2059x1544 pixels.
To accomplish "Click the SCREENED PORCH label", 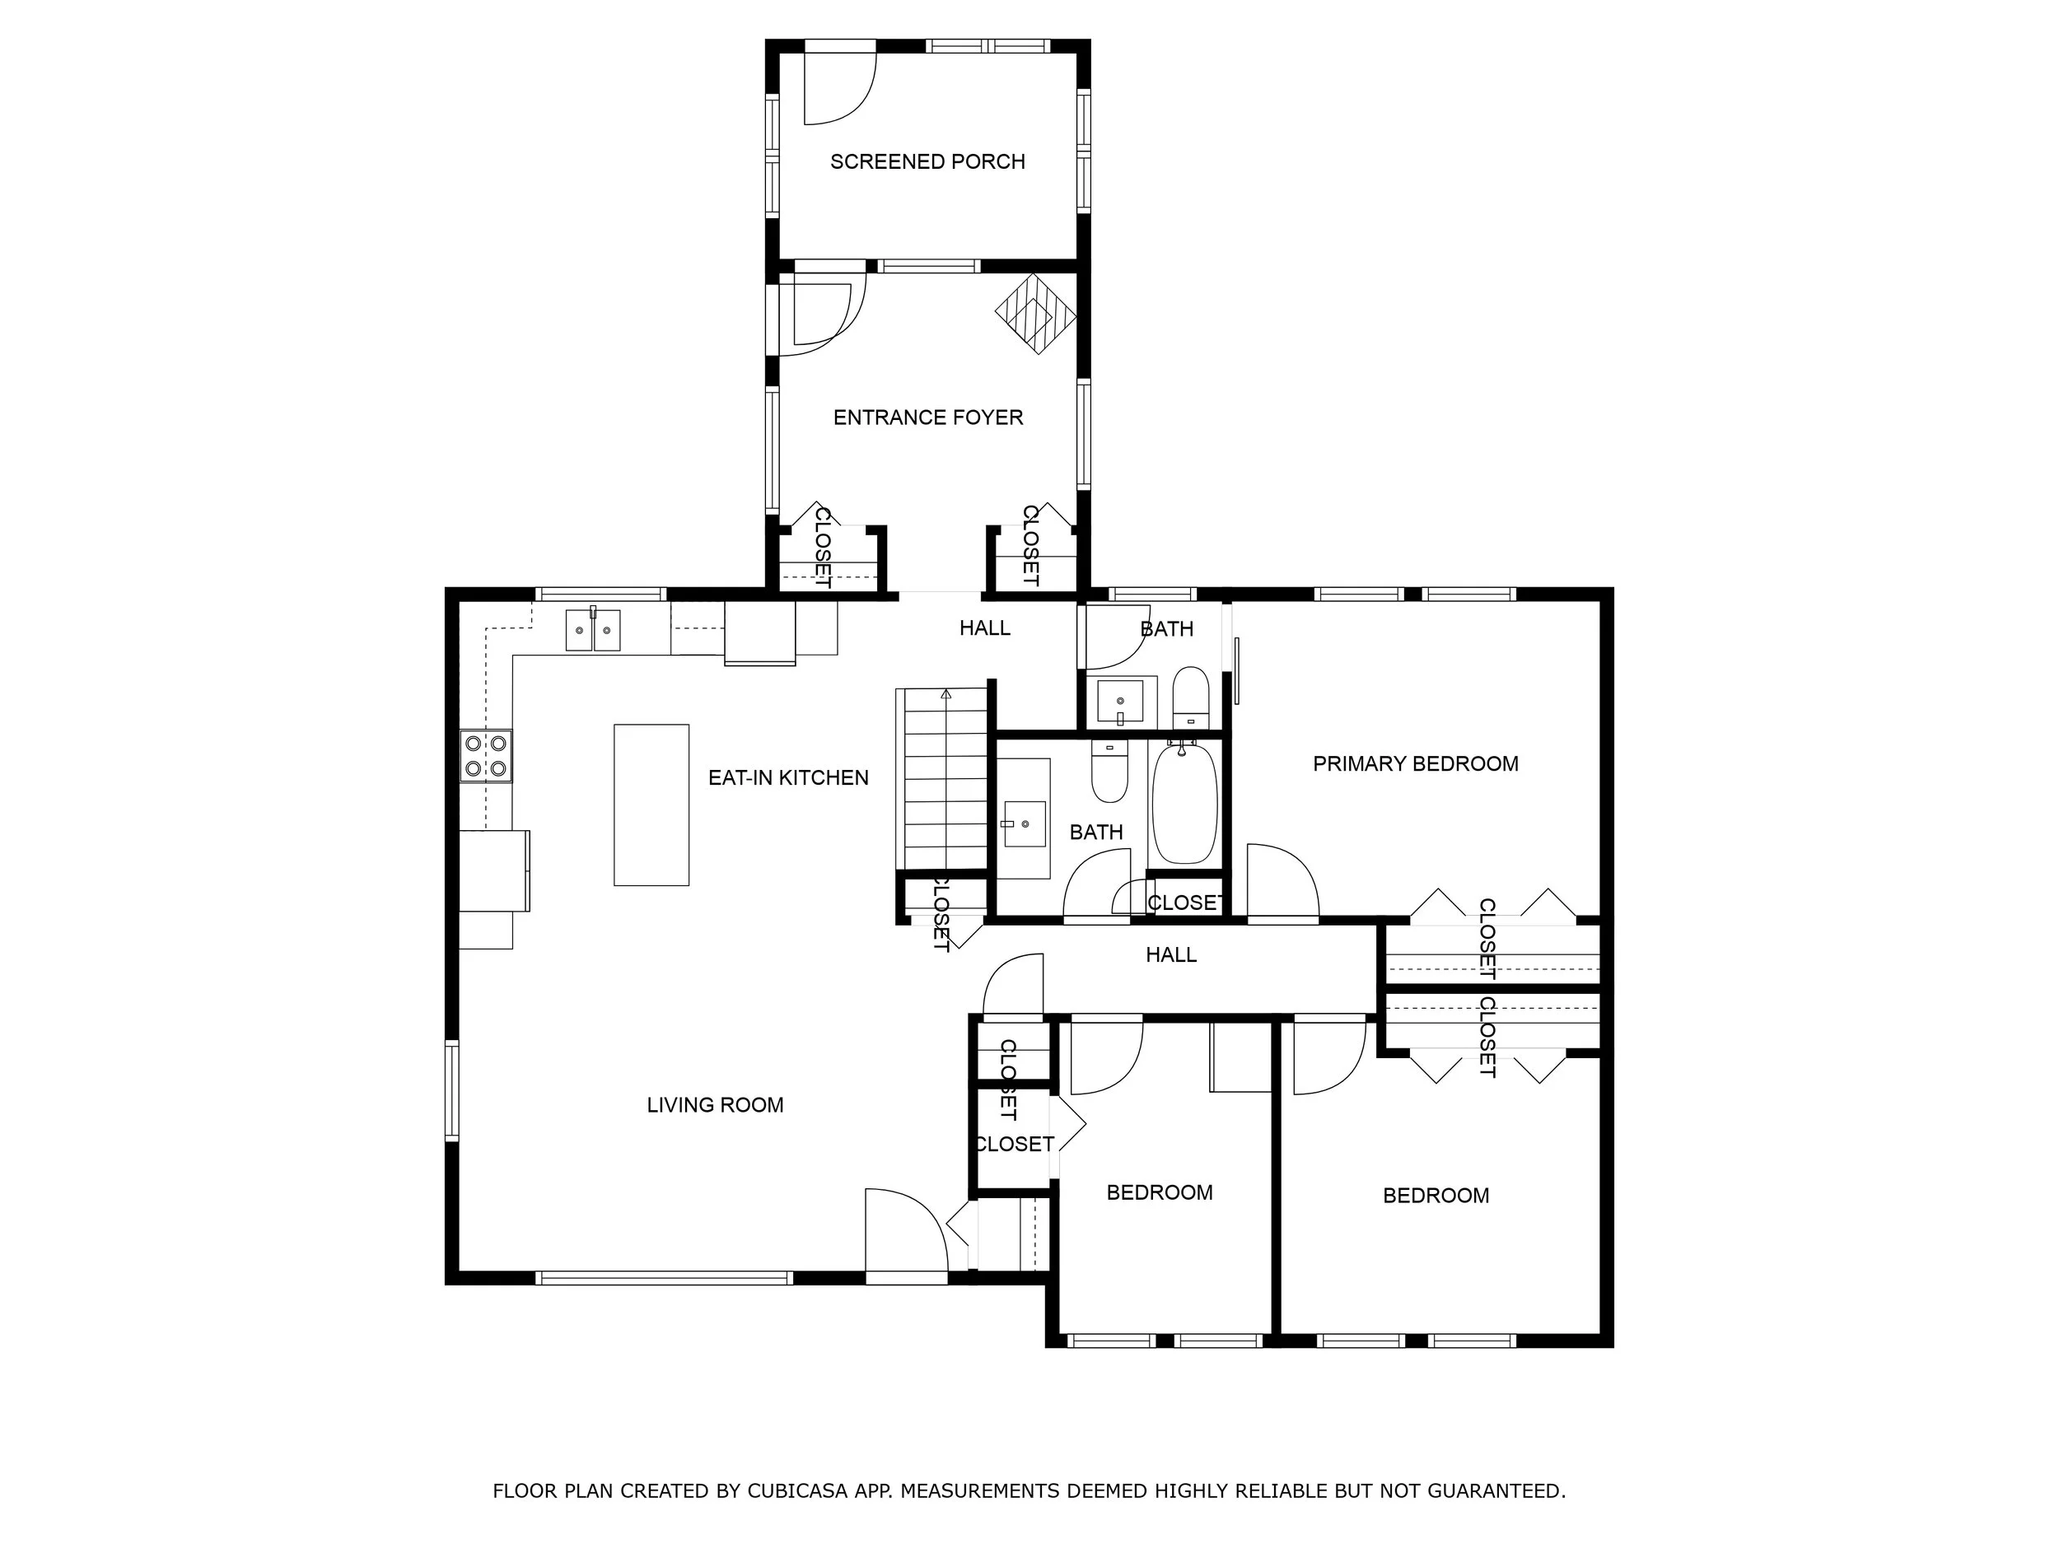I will click(927, 162).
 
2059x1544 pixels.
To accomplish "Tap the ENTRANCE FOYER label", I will click(927, 417).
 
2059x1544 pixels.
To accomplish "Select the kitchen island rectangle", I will click(651, 805).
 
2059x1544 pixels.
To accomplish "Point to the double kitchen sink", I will click(593, 630).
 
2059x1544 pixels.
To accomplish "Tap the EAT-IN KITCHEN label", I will click(787, 778).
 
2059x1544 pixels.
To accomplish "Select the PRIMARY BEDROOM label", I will click(1415, 764).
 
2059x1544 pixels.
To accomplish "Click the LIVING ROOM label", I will click(715, 1105).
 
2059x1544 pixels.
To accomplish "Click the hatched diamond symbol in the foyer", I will click(1035, 314).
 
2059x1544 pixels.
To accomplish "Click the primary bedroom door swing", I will click(1282, 879).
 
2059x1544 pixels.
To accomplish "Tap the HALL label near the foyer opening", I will click(985, 628).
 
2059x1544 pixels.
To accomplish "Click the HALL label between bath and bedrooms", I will click(1171, 955).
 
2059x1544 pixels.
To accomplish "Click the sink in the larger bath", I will click(1023, 823).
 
